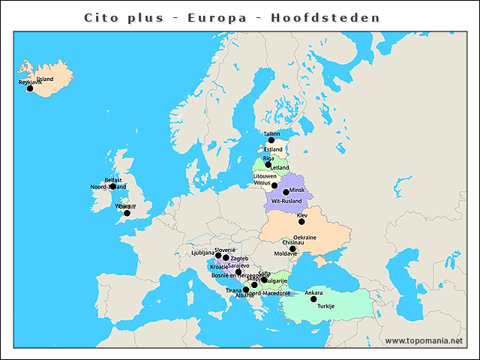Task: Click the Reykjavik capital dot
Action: pyautogui.click(x=30, y=88)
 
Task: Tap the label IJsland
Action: pyautogui.click(x=45, y=79)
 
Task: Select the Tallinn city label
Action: pyautogui.click(x=271, y=134)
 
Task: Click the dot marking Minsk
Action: pyautogui.click(x=286, y=192)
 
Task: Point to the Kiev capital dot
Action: pyautogui.click(x=301, y=222)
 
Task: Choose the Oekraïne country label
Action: pyautogui.click(x=304, y=238)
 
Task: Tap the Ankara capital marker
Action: pyautogui.click(x=313, y=299)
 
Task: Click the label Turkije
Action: pyautogui.click(x=325, y=307)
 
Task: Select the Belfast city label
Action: pyautogui.click(x=113, y=180)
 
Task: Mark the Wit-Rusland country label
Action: pyautogui.click(x=286, y=202)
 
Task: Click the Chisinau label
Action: pyautogui.click(x=293, y=243)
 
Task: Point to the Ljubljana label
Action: pyautogui.click(x=202, y=253)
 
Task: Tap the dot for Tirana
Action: pyautogui.click(x=246, y=289)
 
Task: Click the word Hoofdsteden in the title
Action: pyautogui.click(x=337, y=17)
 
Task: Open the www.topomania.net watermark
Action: pyautogui.click(x=424, y=340)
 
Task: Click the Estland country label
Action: pyautogui.click(x=273, y=149)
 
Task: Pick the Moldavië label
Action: pyautogui.click(x=286, y=253)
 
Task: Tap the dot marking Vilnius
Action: pyautogui.click(x=274, y=185)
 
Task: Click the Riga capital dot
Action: pyautogui.click(x=268, y=164)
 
